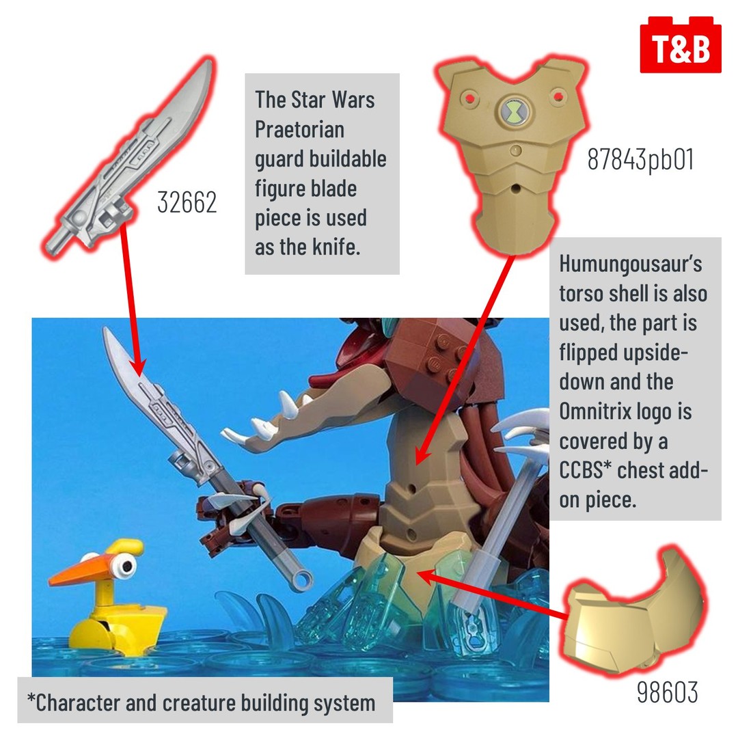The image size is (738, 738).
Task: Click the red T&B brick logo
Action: coord(681,45)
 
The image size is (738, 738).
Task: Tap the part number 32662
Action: coord(187,202)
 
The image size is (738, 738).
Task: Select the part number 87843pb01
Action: coord(640,159)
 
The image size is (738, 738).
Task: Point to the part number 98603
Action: coord(667,692)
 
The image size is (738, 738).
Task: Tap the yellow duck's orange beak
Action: coord(80,570)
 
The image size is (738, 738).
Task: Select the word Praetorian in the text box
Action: coord(299,129)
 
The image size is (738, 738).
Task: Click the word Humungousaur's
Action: coord(631,264)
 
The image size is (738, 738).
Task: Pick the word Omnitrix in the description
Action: coord(595,411)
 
